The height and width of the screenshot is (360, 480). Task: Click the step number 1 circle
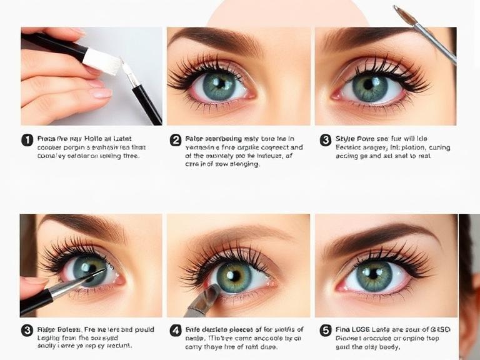pos(27,140)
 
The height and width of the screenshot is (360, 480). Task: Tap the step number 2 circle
pos(176,140)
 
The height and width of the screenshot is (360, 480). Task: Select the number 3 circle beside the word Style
pos(325,140)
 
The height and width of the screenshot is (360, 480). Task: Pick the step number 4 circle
pos(176,330)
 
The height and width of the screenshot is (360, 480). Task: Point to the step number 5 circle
pos(325,330)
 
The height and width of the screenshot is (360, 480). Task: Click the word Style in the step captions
pos(346,139)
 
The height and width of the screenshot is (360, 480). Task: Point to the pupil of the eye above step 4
pos(232,276)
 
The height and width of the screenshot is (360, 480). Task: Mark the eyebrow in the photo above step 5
pos(381,233)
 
